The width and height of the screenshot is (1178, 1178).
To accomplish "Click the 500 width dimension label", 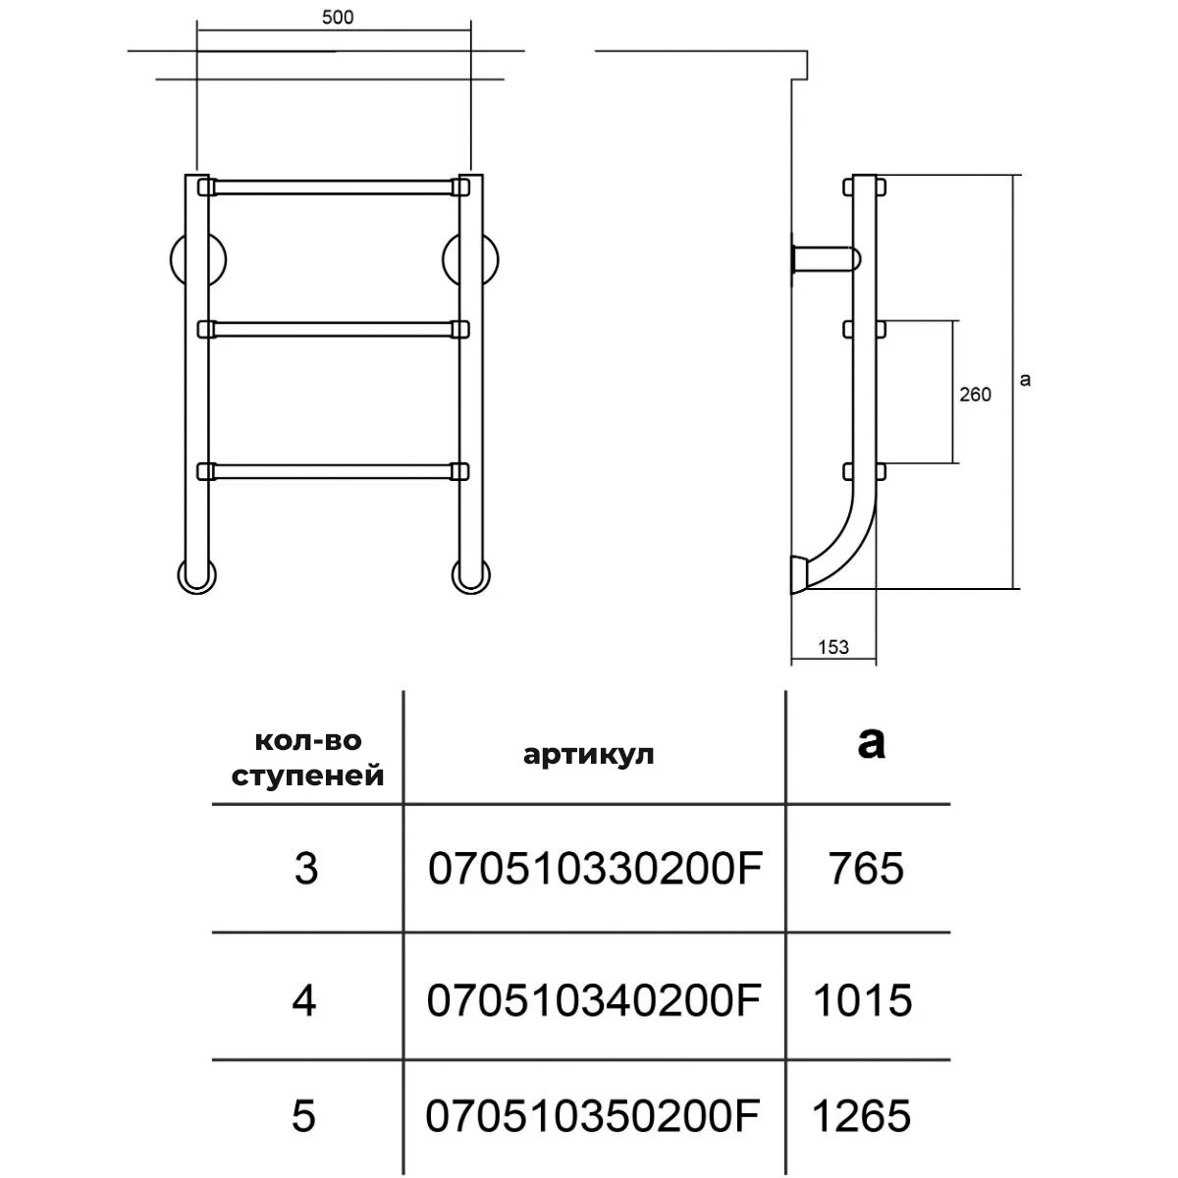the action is (338, 17).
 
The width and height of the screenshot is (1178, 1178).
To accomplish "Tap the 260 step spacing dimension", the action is (975, 395).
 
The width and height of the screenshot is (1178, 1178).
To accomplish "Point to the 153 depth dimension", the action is (833, 647).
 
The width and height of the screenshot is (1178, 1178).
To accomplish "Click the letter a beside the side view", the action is (1025, 380).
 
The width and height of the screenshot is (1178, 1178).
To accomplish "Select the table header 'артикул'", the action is (588, 755).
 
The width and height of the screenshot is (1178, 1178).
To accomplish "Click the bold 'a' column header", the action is (871, 743).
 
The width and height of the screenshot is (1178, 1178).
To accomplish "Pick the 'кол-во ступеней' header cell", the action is (307, 758).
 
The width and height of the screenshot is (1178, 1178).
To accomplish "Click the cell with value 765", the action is (866, 869).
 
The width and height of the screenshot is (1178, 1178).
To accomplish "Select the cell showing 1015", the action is (863, 1000).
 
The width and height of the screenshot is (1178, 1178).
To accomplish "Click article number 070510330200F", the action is (595, 869).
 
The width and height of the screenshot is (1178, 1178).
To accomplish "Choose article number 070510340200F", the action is (594, 1000).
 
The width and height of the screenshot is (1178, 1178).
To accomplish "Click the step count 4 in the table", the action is (304, 1000).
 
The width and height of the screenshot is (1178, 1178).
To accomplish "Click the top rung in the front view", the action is (334, 187).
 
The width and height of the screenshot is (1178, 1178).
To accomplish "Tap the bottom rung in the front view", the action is (334, 471).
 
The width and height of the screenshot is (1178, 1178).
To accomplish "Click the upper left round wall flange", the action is (197, 260).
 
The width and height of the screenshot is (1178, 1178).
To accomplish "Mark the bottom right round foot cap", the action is (471, 576).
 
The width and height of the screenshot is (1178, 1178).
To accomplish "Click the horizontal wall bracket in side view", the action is (826, 257).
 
